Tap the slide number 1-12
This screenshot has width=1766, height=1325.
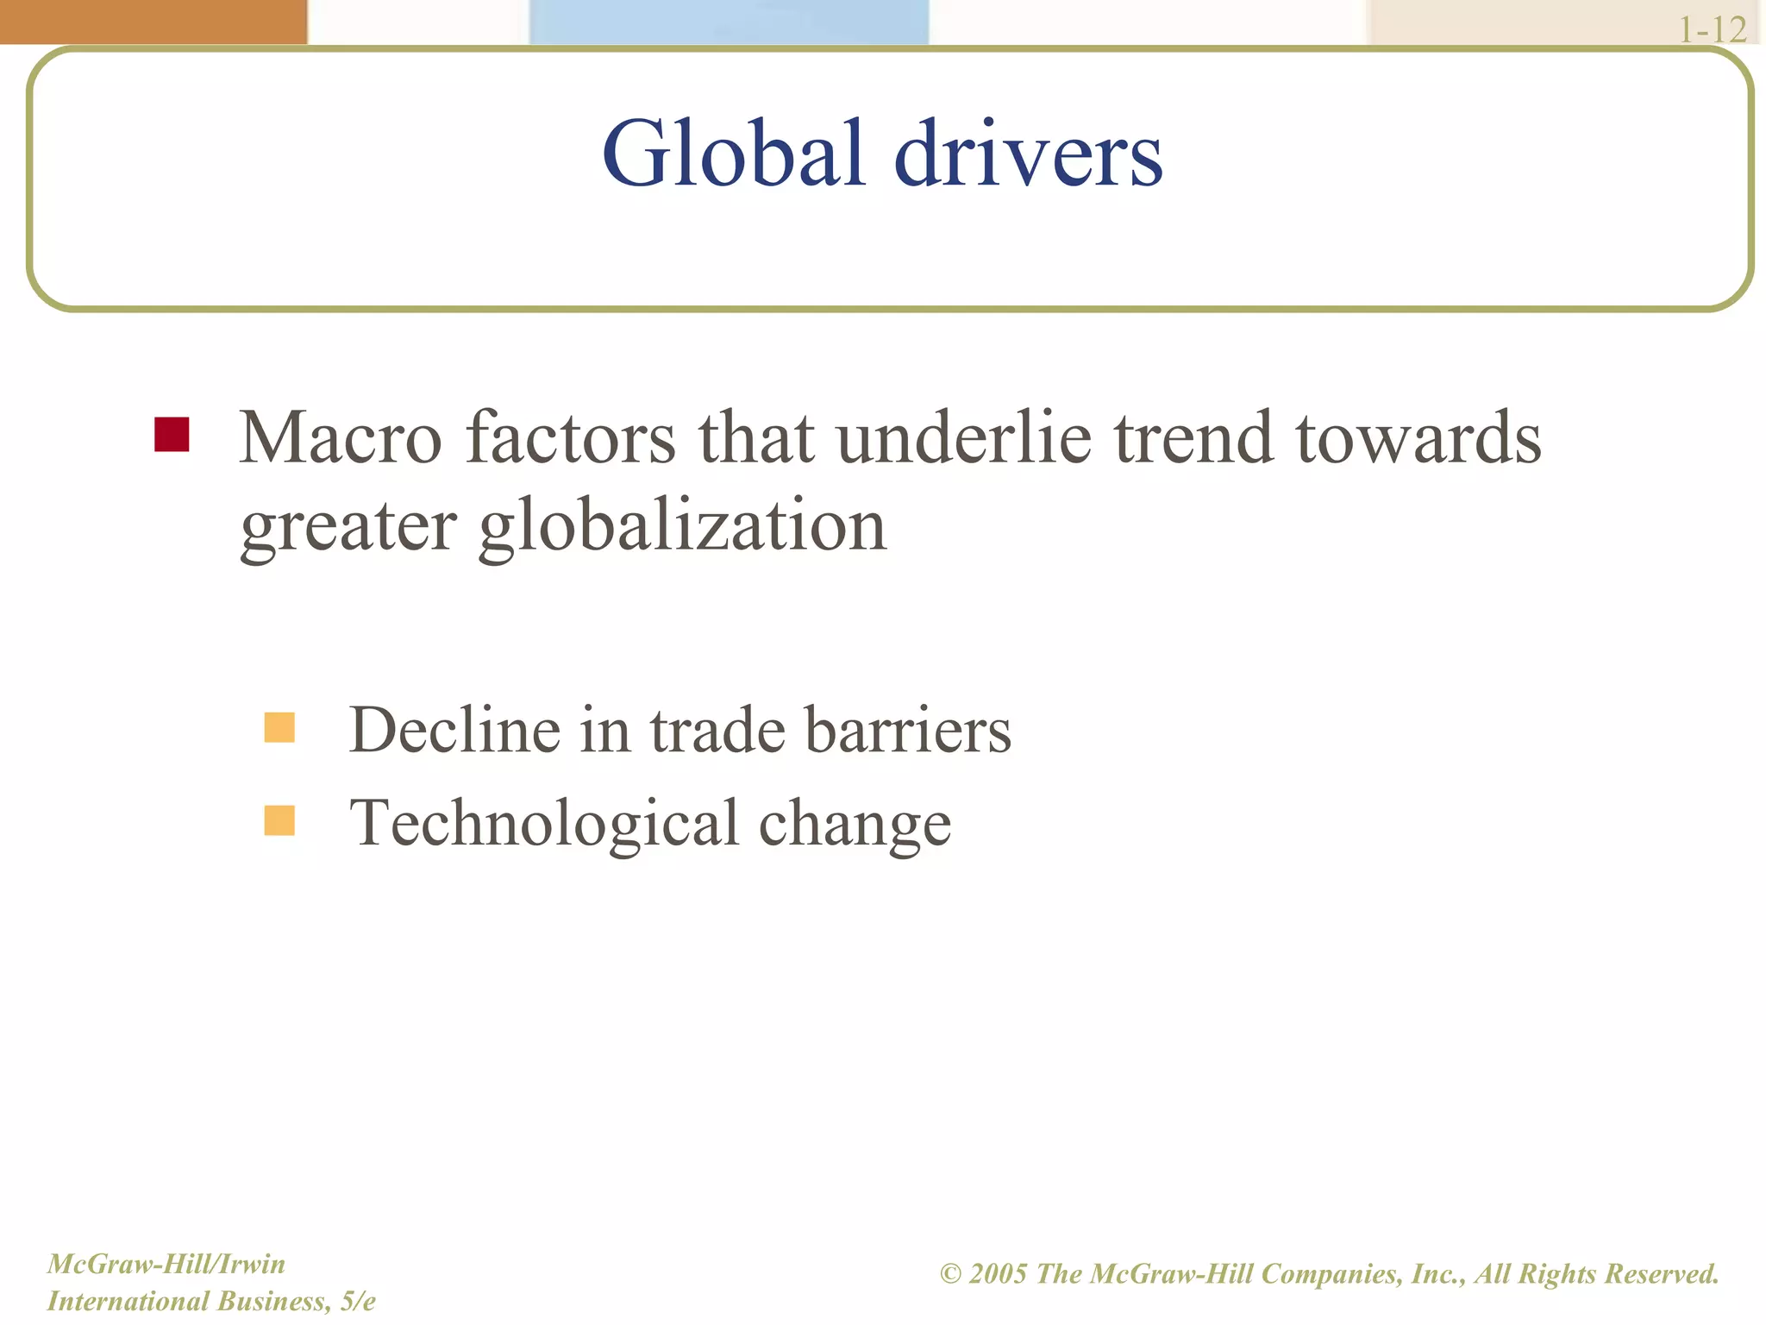[x=1712, y=30]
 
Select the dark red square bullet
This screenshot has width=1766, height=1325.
[x=172, y=435]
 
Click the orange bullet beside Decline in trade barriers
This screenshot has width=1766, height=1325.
[x=279, y=727]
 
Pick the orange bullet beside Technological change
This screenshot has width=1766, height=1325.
[x=279, y=820]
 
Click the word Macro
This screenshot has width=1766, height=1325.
[x=341, y=438]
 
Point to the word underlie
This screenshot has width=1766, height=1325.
[x=964, y=438]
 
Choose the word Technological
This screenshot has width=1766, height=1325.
[x=544, y=824]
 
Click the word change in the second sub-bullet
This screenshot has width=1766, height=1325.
[x=855, y=824]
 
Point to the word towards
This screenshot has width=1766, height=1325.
[x=1418, y=438]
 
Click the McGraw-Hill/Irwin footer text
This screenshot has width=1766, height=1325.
[x=166, y=1264]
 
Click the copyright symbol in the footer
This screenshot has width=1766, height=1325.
[x=950, y=1274]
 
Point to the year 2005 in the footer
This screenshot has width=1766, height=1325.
[x=998, y=1274]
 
